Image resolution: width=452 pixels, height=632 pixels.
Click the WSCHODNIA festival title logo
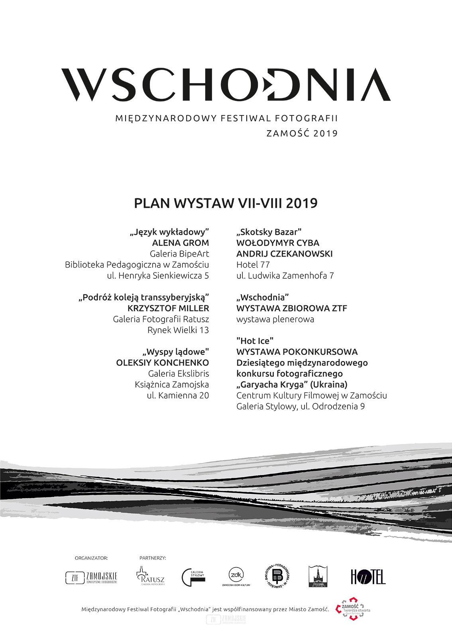tap(226, 85)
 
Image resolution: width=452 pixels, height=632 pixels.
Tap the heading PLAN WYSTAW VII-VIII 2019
tap(226, 203)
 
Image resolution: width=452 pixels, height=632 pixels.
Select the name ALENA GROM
tap(180, 243)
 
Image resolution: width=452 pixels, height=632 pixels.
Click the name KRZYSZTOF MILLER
tap(168, 308)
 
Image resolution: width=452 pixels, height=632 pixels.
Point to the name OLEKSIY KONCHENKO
tap(162, 363)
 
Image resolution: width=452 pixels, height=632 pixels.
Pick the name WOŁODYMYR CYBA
tap(277, 243)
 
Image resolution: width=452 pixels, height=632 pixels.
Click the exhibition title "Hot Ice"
tap(255, 341)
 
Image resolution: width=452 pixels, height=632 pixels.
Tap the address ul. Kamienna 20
tap(178, 395)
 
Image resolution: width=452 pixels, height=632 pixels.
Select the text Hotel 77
tap(253, 265)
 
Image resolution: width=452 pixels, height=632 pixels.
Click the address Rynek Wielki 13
tap(178, 330)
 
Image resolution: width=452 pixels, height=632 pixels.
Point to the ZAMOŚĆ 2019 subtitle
tap(302, 133)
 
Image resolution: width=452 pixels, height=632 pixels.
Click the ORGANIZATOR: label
tap(91, 558)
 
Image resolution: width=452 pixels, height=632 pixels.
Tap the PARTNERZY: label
tap(153, 558)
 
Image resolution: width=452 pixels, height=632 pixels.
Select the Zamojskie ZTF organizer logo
tap(91, 577)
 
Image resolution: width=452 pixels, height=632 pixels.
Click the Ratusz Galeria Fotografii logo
tap(150, 576)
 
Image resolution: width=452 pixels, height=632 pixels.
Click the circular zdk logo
tap(236, 576)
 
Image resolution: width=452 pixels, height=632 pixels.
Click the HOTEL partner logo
tap(368, 577)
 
